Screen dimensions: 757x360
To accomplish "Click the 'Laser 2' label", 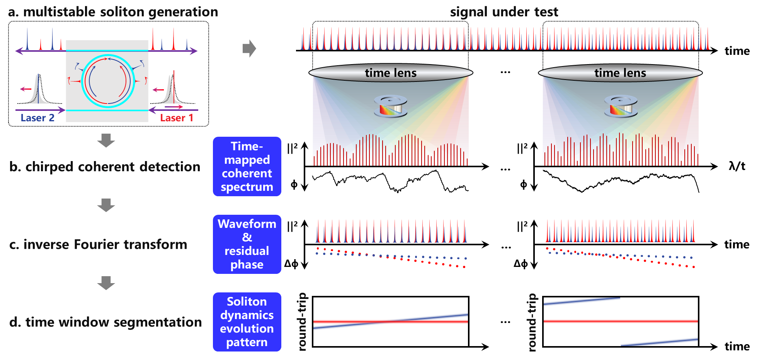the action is [x=37, y=118].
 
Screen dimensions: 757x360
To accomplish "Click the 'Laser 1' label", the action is [x=177, y=118].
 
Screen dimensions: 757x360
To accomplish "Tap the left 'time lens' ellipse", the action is [x=391, y=73].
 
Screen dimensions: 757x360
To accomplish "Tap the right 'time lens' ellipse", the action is [x=620, y=73].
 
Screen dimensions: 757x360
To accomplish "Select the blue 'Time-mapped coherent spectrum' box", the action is [x=247, y=166].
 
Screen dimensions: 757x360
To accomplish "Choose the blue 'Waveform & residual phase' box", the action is [x=247, y=244].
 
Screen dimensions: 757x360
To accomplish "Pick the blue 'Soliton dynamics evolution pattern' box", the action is [x=247, y=322].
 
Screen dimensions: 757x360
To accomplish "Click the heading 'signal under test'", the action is [x=504, y=12].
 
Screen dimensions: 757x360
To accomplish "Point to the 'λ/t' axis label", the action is [x=737, y=166].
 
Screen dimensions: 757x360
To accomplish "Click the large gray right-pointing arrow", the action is [x=249, y=48].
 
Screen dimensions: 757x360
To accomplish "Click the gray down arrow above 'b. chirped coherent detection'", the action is [x=106, y=141].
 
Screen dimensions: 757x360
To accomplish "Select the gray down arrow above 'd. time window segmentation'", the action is [x=106, y=283].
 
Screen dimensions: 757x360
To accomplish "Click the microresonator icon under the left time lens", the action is [x=391, y=106].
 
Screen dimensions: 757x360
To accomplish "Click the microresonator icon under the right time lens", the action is [x=621, y=106].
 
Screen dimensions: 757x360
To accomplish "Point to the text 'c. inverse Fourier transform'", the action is [x=98, y=245].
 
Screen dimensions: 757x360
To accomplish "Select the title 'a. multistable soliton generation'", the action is [x=113, y=12].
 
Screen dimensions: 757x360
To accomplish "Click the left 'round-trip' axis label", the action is [x=302, y=322].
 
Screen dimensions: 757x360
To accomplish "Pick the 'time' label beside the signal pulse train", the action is [x=737, y=51].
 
